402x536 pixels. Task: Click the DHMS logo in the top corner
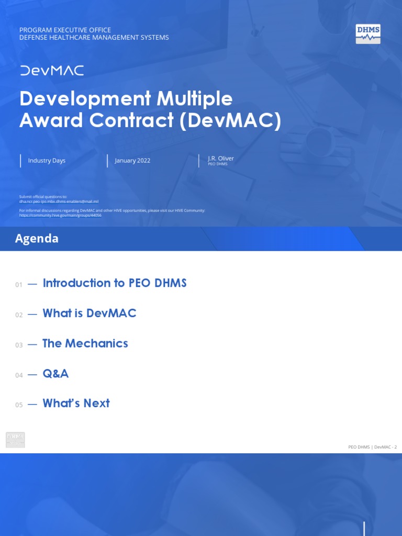point(368,33)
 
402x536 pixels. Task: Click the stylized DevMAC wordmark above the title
point(52,71)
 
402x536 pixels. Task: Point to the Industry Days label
point(47,161)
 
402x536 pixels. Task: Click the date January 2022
point(132,161)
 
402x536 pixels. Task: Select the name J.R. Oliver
point(221,158)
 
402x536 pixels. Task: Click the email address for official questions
point(59,202)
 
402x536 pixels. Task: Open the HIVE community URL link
point(60,215)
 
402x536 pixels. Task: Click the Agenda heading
point(37,239)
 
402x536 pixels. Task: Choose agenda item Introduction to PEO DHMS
point(115,283)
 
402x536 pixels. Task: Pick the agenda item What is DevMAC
point(90,314)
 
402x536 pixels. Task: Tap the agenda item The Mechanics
point(85,343)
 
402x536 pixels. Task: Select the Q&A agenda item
point(55,374)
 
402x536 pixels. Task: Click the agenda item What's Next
point(76,404)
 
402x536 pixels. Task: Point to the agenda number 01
point(19,285)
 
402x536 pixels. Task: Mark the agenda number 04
point(19,375)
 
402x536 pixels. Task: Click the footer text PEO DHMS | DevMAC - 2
point(372,447)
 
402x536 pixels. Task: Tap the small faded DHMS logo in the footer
point(15,440)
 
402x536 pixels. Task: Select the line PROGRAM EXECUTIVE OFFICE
point(65,30)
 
